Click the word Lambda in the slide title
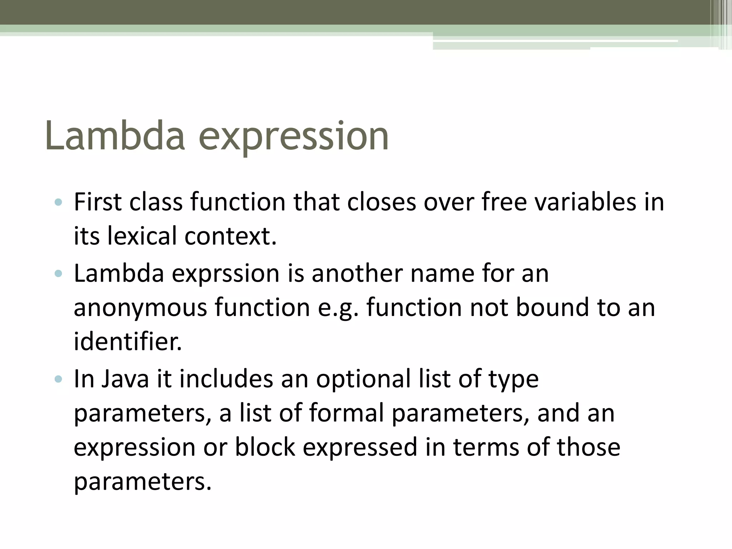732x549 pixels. [x=115, y=136]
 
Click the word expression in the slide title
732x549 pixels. [x=293, y=138]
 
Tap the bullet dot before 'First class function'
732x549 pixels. [x=59, y=203]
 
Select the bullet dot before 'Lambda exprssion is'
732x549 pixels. [x=59, y=274]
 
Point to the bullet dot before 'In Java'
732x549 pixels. [x=59, y=379]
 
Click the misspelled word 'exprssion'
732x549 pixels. [x=226, y=274]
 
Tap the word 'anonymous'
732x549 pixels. [x=140, y=308]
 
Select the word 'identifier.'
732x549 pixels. [x=128, y=341]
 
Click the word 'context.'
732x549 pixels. [x=231, y=236]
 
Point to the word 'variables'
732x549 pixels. [x=586, y=202]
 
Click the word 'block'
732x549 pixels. [x=265, y=447]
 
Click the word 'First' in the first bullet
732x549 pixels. [x=98, y=202]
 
